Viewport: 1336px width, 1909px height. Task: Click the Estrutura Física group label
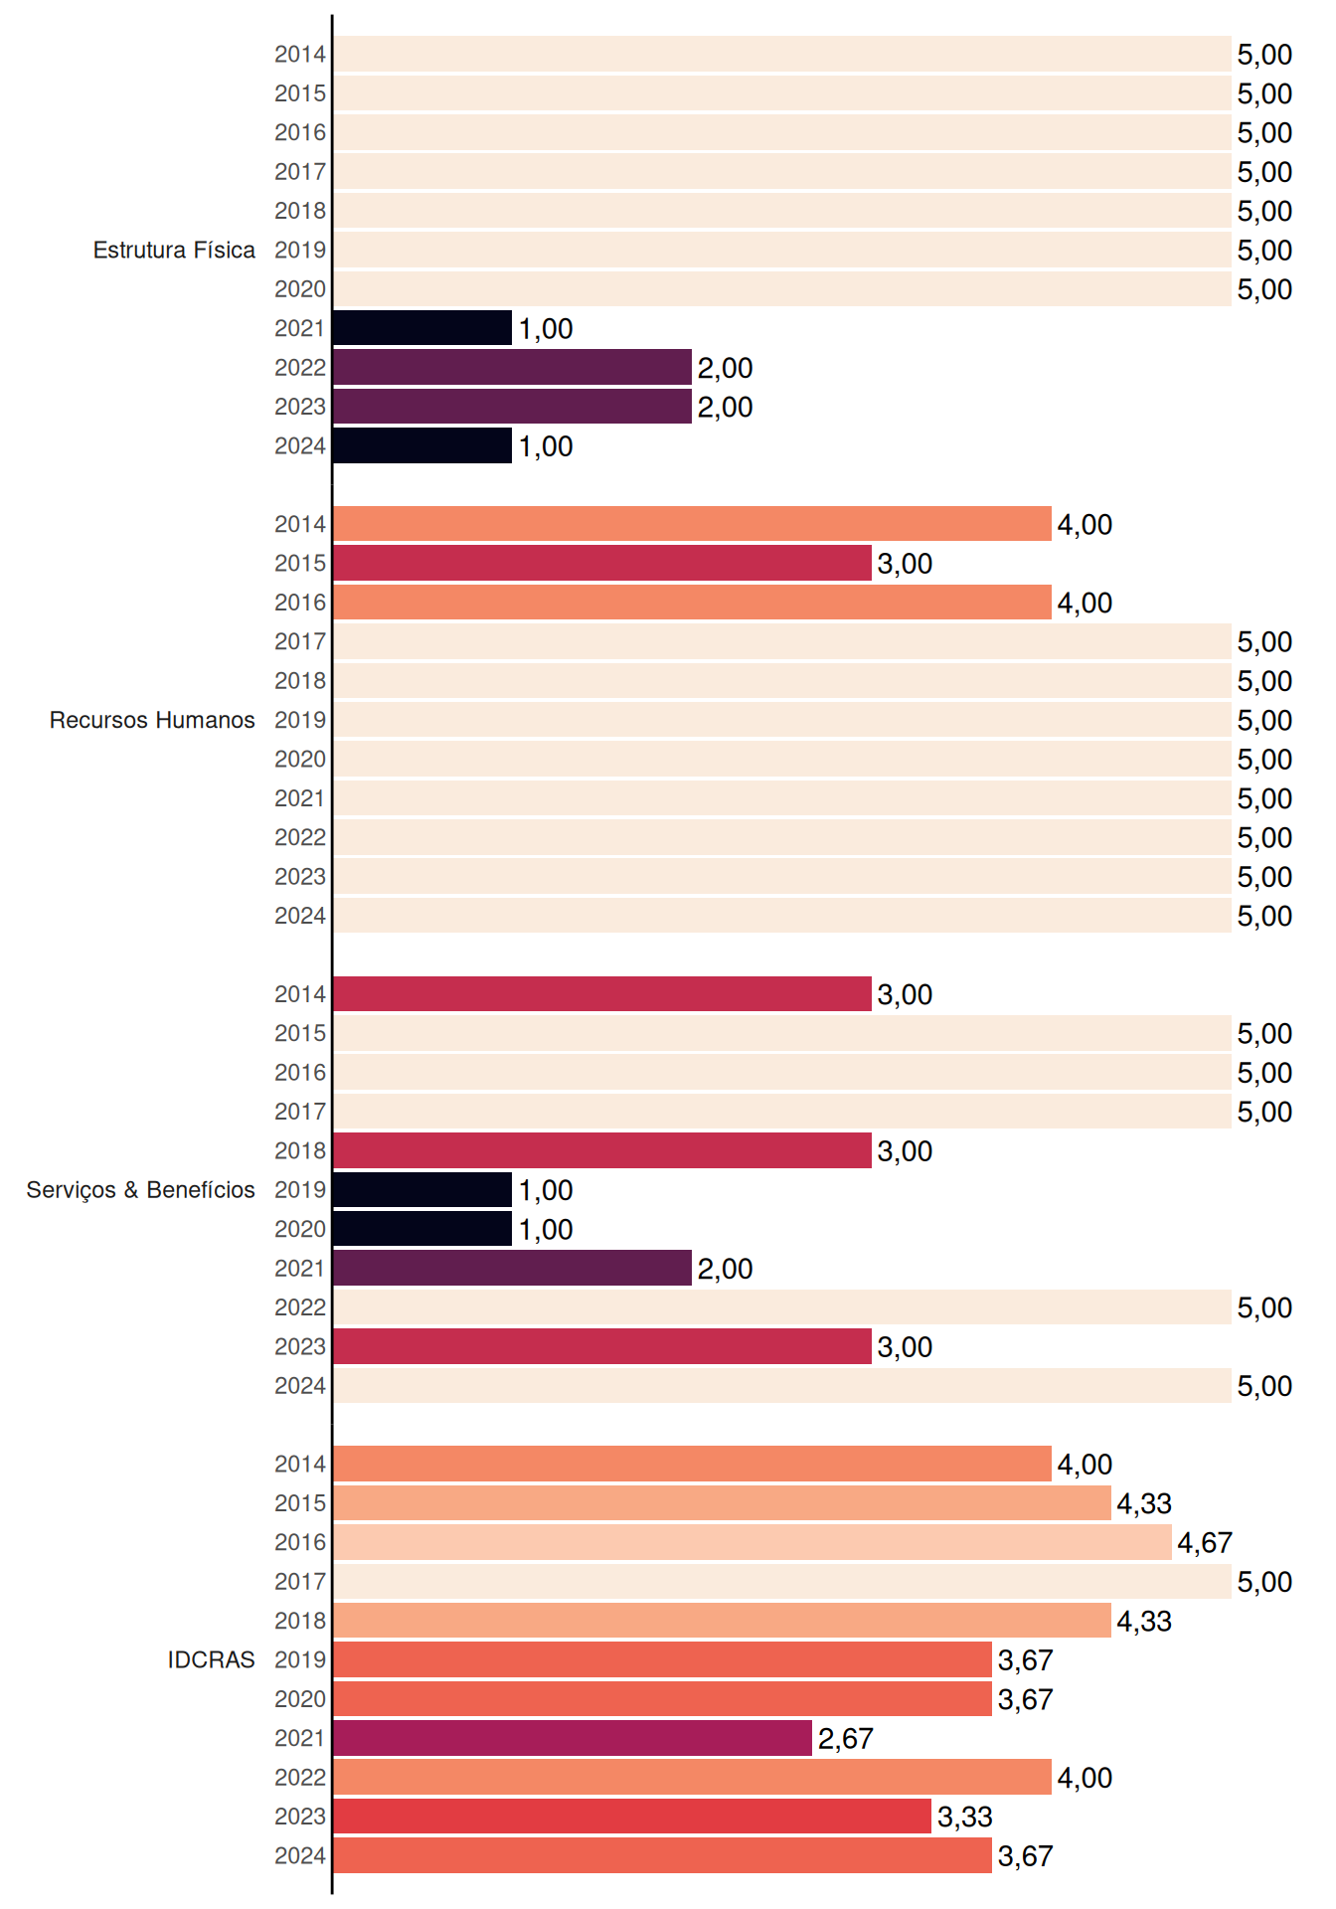tap(174, 250)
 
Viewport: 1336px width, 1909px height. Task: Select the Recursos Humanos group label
tap(152, 720)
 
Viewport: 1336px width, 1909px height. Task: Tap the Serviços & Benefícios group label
tap(140, 1190)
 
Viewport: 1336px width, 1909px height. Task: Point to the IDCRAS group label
tap(211, 1659)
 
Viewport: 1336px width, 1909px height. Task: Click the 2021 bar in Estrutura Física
tap(422, 328)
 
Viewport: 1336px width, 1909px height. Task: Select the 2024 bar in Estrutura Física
tap(422, 445)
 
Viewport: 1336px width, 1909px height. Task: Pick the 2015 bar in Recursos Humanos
tap(602, 563)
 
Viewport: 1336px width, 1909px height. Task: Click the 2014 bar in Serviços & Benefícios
tap(602, 994)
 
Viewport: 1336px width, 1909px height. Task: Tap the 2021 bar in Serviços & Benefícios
tap(512, 1268)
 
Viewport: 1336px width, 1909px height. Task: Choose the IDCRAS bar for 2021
tap(573, 1738)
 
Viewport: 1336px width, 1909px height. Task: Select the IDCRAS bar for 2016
tap(752, 1542)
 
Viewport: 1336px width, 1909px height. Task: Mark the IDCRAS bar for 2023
tap(632, 1817)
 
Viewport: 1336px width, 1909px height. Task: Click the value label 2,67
tap(846, 1738)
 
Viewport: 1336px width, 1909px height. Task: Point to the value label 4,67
tap(1205, 1542)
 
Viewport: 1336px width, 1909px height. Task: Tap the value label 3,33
tap(965, 1817)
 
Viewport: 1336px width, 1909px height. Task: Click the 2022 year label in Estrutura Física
tap(300, 367)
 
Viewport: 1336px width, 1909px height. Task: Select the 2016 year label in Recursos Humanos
tap(300, 603)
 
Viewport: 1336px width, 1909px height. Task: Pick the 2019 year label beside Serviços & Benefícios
tap(300, 1190)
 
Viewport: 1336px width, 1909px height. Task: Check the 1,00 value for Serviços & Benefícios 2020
tap(546, 1229)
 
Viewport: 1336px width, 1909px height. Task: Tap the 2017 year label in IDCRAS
tap(300, 1581)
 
